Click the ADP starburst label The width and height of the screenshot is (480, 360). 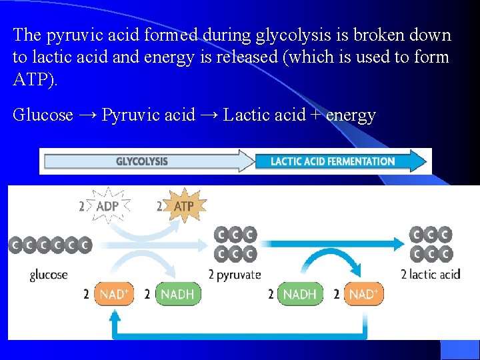107,207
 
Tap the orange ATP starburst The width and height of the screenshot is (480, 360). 183,207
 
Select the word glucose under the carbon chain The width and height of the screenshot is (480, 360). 49,274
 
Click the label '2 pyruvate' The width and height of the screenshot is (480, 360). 234,274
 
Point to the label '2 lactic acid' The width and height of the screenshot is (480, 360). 431,274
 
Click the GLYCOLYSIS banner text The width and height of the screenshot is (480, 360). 141,161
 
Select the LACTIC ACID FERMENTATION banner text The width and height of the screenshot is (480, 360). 333,161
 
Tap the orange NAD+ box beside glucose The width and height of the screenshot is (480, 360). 114,294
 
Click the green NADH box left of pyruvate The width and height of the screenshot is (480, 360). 177,294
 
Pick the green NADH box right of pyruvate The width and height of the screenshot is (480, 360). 299,294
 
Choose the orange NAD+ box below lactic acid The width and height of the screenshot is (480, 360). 363,294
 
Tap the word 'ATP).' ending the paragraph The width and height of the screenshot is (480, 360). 35,81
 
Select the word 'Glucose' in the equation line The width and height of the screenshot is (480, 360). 43,115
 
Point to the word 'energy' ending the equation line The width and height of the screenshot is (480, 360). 351,115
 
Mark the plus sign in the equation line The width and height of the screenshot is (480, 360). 313,115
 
